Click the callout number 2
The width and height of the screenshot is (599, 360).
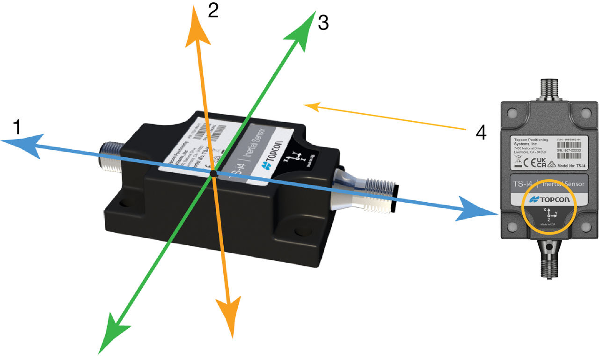[213, 11]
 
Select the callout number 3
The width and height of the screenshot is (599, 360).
[323, 22]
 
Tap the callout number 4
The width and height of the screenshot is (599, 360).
[481, 133]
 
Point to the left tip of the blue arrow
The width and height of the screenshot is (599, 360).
[2, 140]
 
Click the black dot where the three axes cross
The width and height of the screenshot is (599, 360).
[213, 173]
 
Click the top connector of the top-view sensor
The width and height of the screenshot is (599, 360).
[548, 91]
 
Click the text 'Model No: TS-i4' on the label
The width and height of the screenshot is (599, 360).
[569, 166]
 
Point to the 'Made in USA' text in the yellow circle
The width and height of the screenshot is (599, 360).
[548, 224]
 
